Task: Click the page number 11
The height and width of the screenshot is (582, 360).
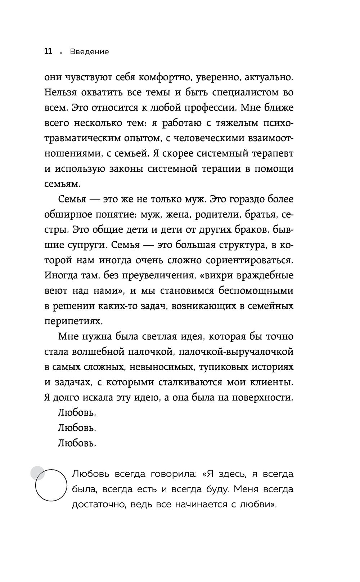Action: [48, 52]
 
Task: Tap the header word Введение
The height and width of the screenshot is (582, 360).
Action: [89, 52]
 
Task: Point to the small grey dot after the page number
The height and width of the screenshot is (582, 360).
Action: [61, 53]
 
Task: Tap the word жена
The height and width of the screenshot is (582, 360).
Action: [177, 215]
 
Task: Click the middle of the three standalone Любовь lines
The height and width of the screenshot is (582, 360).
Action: [77, 428]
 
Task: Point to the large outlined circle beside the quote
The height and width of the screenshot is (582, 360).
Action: [51, 485]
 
